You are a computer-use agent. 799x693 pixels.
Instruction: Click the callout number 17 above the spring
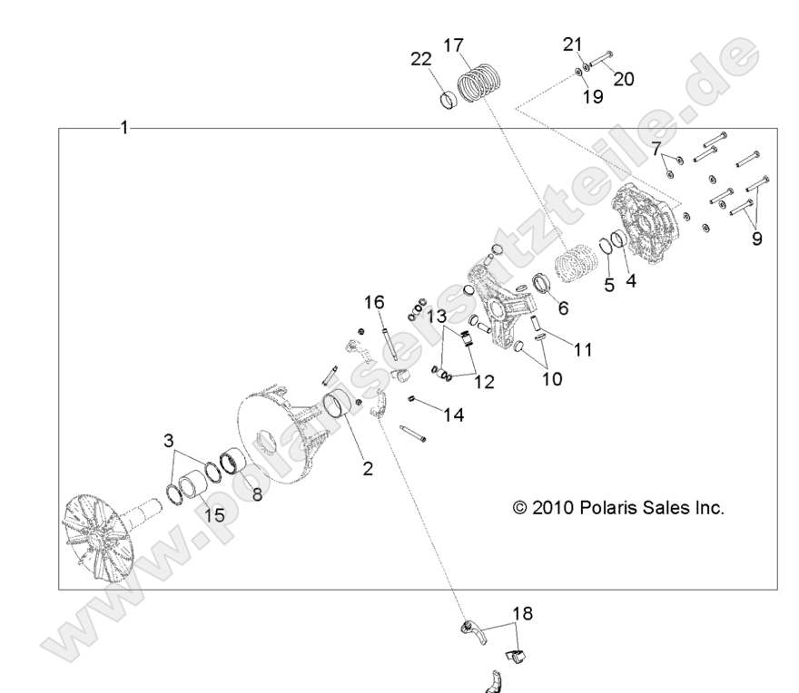coord(454,45)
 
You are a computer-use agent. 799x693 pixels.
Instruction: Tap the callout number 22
coord(420,59)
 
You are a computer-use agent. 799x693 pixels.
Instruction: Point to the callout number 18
coord(522,613)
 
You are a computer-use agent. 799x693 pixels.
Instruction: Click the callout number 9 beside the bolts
coord(756,239)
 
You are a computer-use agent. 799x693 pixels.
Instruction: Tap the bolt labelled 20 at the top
coord(605,63)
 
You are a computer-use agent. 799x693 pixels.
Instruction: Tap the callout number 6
coord(563,307)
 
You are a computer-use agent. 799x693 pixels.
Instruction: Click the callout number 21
coord(571,44)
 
